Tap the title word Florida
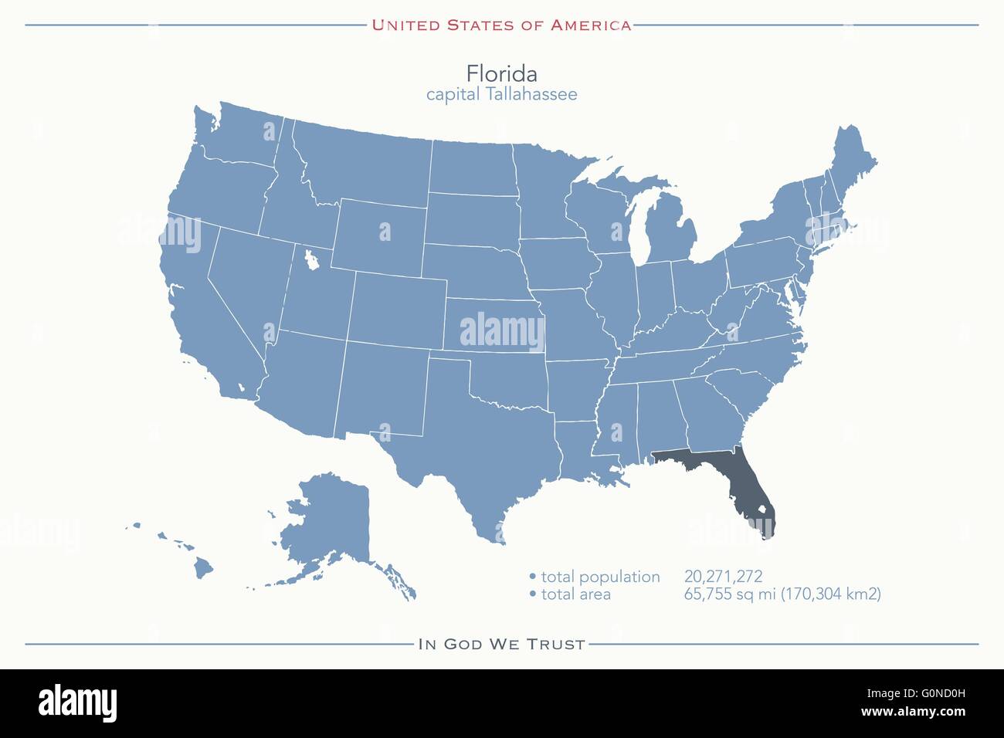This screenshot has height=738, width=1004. pos(501,73)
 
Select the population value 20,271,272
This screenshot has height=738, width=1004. pos(723,576)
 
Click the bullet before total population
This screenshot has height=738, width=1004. pos(532,577)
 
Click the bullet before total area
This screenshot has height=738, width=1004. pos(532,594)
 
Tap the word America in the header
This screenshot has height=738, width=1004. pos(591,25)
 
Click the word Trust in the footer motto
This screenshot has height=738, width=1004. pos(557,644)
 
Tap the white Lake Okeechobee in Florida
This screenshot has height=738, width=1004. pos(761,510)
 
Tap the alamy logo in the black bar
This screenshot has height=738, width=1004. pos(77,702)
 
